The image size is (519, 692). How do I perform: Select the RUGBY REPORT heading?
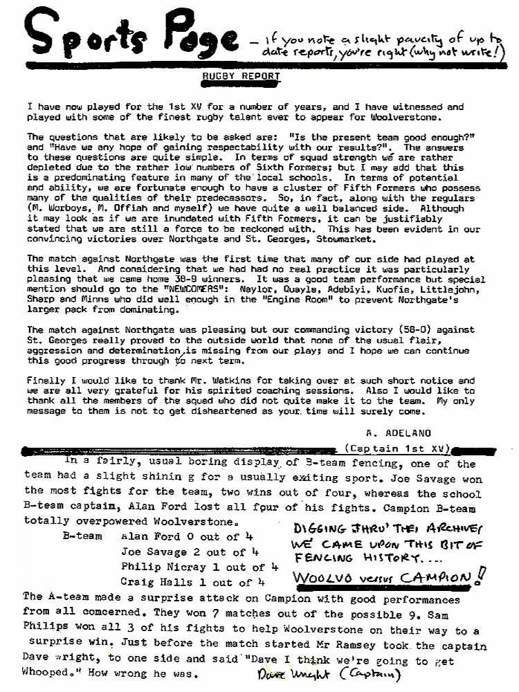[241, 76]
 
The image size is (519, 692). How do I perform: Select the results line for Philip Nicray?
[199, 567]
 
